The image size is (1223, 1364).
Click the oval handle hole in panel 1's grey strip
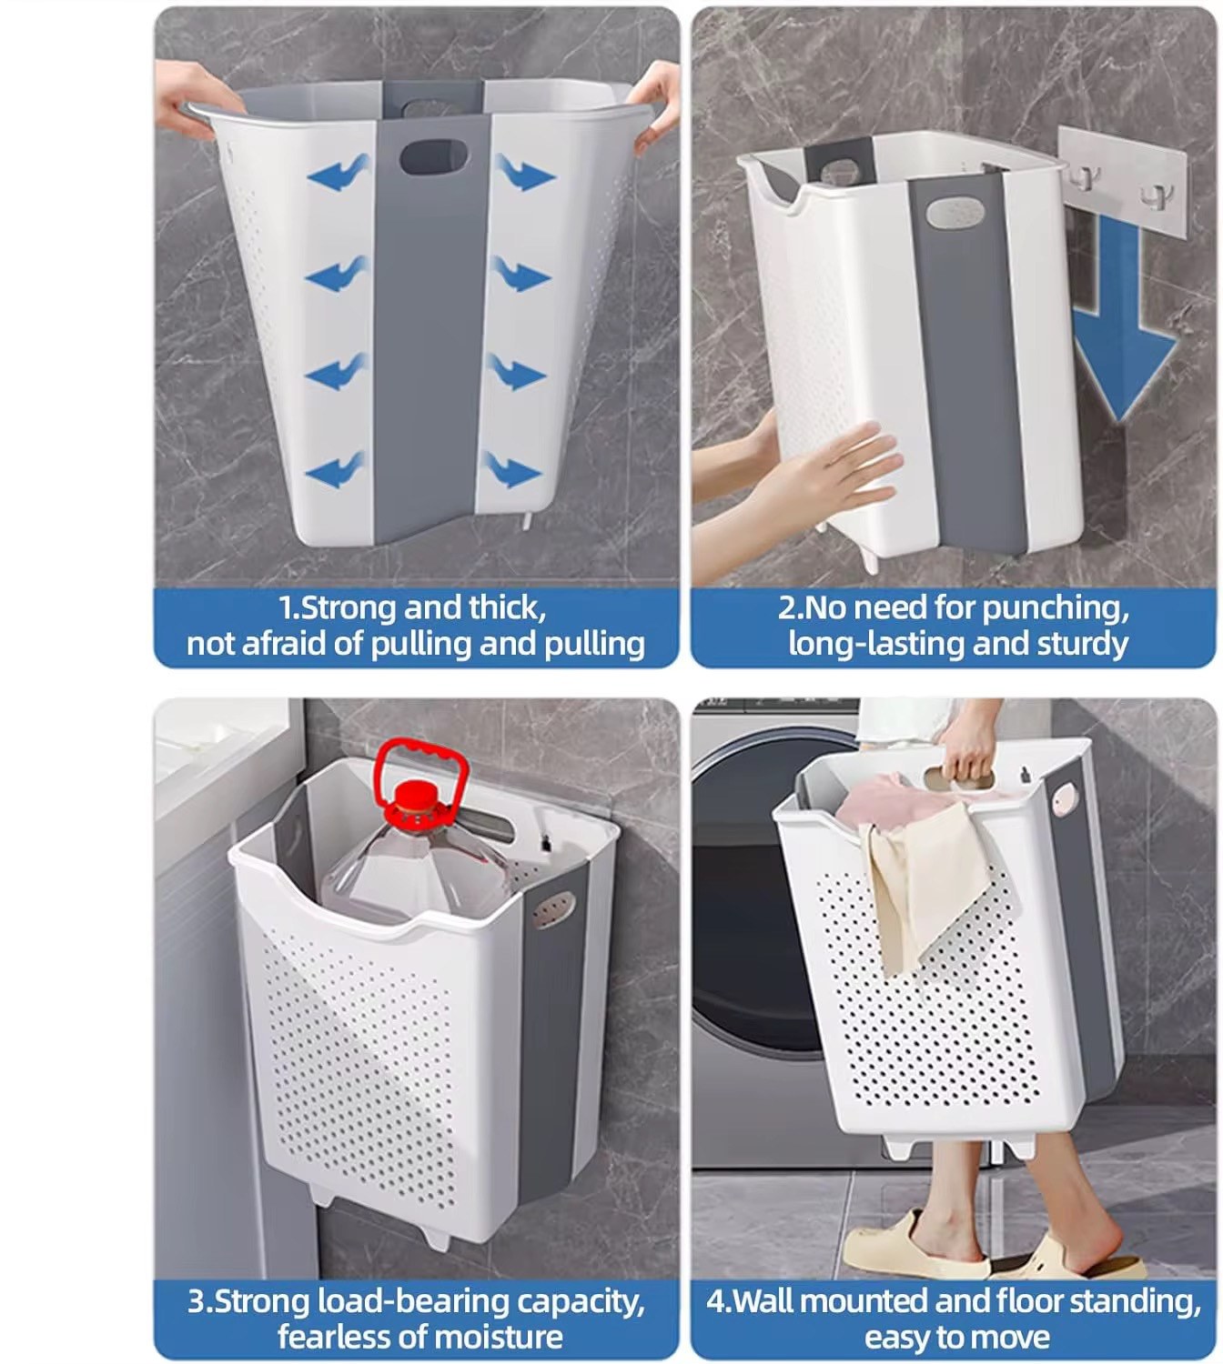pos(433,156)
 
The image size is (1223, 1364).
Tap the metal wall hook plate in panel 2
pos(1123,178)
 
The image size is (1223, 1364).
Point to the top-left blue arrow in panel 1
pos(339,173)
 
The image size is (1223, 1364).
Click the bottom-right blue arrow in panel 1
pos(510,468)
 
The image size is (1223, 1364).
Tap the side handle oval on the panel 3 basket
pos(554,910)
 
